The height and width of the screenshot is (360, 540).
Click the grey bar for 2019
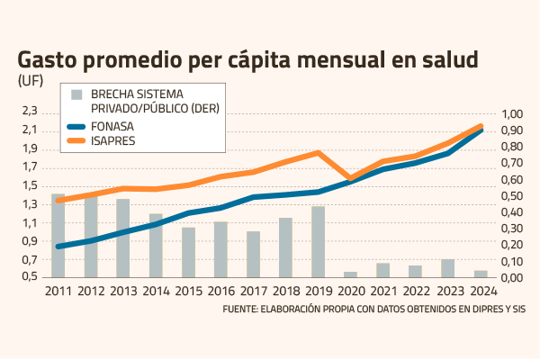coord(318,241)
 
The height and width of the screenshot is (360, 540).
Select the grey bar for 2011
coord(58,235)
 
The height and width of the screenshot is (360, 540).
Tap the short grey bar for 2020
coord(350,274)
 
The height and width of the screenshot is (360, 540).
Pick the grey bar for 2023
coord(447,267)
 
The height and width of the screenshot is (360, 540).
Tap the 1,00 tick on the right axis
coord(510,114)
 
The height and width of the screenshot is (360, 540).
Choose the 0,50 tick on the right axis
coord(510,195)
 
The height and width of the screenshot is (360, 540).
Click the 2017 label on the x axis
coord(254,291)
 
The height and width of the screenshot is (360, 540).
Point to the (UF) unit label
coord(30,80)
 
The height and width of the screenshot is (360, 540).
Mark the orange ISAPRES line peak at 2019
coord(318,153)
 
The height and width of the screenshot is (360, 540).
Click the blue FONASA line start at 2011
coord(58,246)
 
